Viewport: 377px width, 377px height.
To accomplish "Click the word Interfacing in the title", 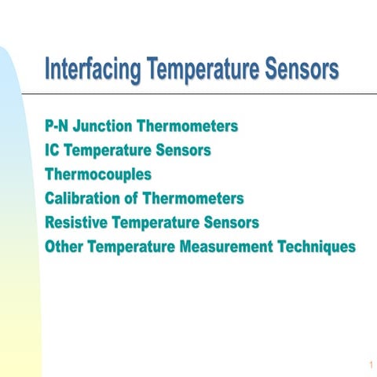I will [91, 69].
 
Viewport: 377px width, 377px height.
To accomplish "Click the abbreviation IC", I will [53, 150].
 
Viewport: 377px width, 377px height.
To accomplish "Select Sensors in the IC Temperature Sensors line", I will [185, 150].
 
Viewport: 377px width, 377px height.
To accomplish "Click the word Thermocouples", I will [97, 174].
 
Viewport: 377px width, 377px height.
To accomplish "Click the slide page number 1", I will [368, 365].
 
